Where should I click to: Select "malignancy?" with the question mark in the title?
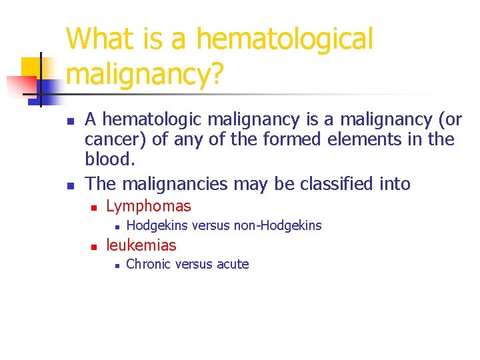tap(144, 75)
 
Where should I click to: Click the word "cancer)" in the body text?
tap(111, 140)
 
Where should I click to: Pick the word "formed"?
tap(268, 140)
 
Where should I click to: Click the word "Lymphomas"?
tap(149, 207)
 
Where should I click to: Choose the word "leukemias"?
tap(141, 245)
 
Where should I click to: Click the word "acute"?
tap(231, 265)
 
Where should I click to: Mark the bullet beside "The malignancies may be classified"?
tap(69, 185)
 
